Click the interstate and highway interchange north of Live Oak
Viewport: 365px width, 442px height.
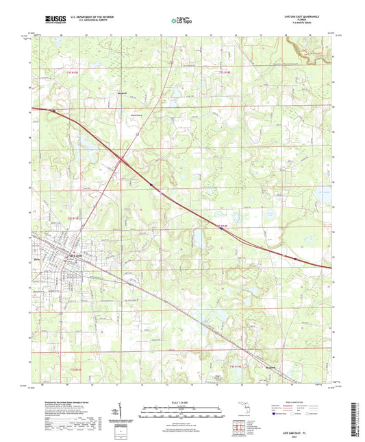tap(120, 162)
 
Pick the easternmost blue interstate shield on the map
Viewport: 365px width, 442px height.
tap(294, 259)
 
